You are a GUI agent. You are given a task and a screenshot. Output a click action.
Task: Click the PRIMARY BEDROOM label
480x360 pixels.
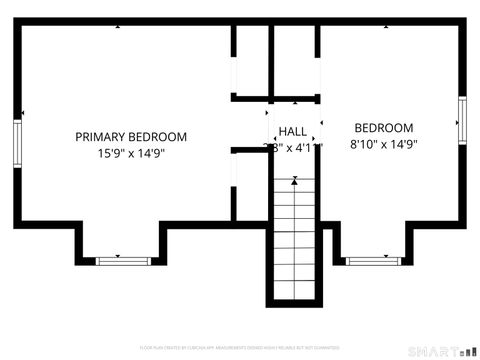pos(131,137)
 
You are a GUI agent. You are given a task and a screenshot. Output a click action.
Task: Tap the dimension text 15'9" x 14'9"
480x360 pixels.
pos(131,154)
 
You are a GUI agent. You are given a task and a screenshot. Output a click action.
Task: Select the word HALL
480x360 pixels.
pos(293,132)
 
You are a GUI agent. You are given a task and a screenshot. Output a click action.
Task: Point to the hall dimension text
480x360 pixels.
pos(293,147)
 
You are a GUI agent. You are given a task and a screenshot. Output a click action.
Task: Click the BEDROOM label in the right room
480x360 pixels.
pos(384,128)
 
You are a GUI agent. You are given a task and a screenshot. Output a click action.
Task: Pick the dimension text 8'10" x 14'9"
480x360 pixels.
pos(384,144)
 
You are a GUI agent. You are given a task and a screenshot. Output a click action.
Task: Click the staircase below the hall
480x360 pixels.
pos(294,240)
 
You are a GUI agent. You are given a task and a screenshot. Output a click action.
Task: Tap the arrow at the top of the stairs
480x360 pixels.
pos(294,181)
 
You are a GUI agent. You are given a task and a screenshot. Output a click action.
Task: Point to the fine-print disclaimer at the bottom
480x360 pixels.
pos(240,348)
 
